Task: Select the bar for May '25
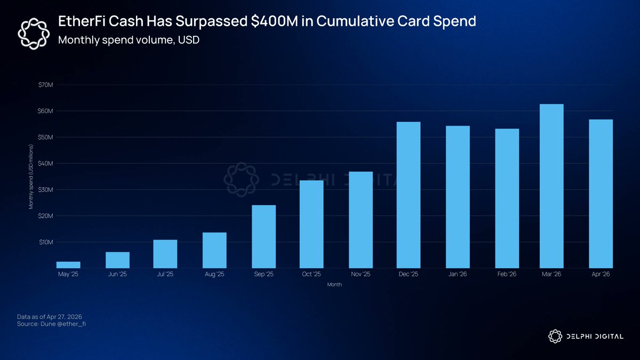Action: click(68, 265)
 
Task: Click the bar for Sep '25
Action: click(263, 236)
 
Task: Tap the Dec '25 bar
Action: click(409, 195)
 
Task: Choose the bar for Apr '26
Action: click(601, 194)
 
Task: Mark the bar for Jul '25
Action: click(165, 254)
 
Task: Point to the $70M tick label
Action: click(45, 85)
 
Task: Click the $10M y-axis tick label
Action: click(45, 242)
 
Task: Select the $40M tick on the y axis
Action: click(45, 163)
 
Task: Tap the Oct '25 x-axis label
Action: click(311, 274)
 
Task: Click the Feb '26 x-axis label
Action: click(507, 274)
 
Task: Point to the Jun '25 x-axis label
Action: click(117, 274)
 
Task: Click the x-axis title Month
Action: click(335, 285)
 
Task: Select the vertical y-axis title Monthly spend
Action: click(31, 176)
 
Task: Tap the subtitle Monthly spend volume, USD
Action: click(129, 40)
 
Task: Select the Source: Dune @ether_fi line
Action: click(51, 324)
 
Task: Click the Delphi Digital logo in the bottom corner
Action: click(586, 335)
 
